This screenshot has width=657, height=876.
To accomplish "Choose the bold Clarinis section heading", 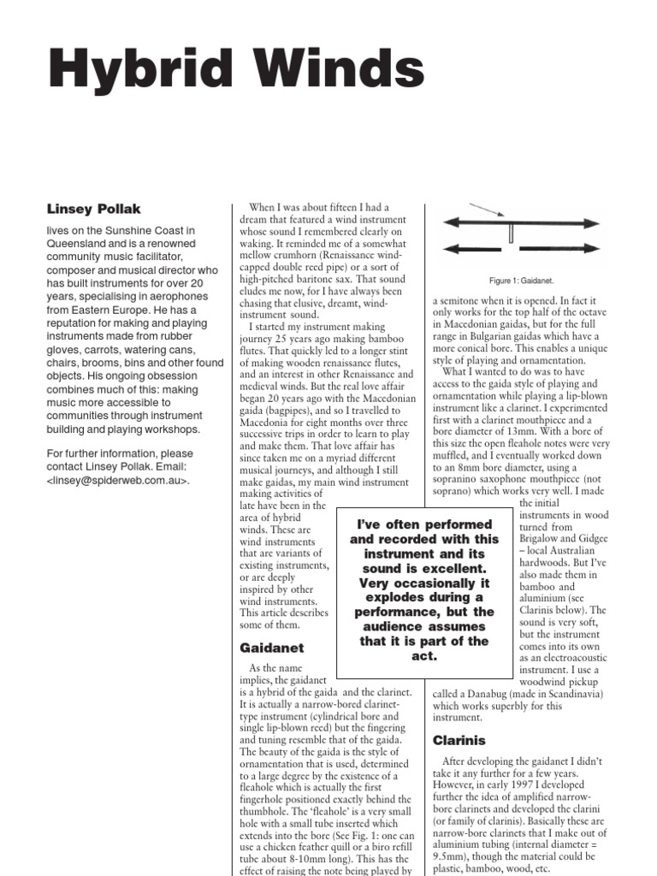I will [459, 739].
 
